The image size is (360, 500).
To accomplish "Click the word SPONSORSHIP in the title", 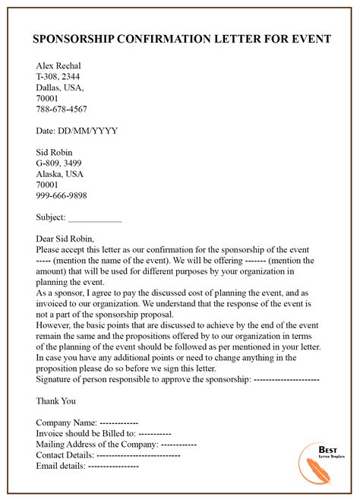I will pos(71,40).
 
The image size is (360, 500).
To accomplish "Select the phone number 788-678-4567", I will pos(62,108).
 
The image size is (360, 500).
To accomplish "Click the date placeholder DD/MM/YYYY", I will pos(87,130).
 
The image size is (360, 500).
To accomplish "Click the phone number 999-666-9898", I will pos(62,195).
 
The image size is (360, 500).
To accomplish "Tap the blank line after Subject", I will pos(95,217).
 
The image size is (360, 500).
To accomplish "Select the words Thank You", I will pos(56,400).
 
